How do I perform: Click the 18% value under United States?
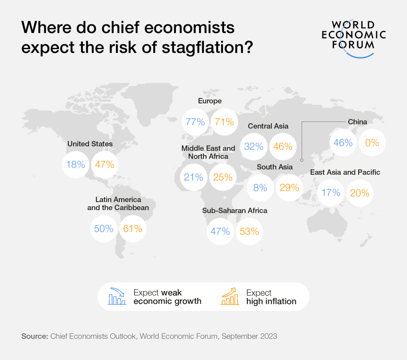(76, 164)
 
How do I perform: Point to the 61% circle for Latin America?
(133, 229)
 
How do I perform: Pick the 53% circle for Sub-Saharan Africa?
(249, 232)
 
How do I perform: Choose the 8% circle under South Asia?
(260, 187)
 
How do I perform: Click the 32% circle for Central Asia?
(253, 146)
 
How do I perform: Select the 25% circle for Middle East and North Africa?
(222, 177)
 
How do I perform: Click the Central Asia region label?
(268, 126)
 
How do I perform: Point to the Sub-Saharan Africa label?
(235, 210)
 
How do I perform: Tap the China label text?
(357, 122)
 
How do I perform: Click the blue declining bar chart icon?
(117, 296)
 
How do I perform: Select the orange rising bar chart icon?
(230, 296)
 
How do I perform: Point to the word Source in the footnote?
(34, 336)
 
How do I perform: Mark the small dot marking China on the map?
(302, 159)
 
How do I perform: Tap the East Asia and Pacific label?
(345, 172)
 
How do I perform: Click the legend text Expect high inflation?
(271, 297)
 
